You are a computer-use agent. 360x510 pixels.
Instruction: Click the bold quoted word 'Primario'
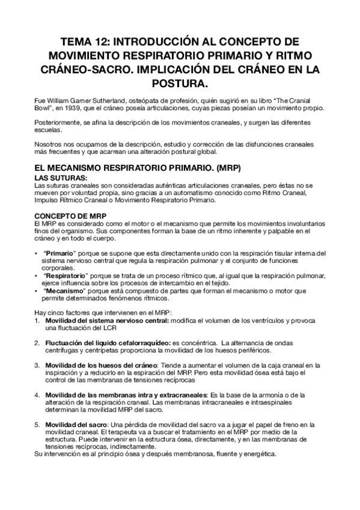point(59,253)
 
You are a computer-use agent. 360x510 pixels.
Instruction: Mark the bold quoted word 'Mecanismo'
point(63,290)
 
